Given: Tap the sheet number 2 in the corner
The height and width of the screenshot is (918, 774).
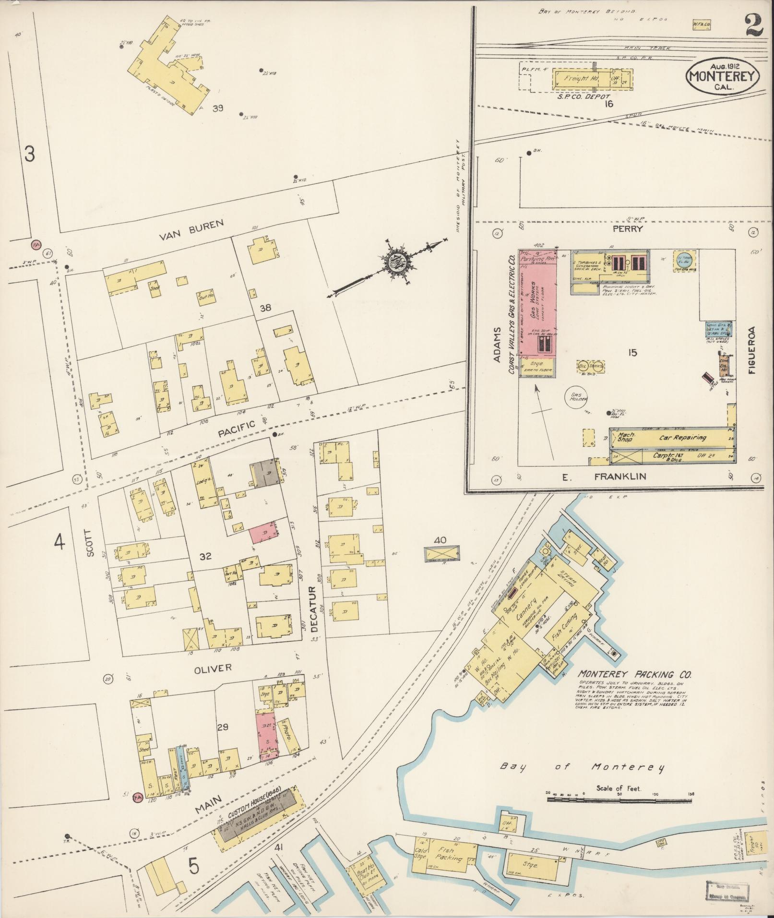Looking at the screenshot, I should coord(754,25).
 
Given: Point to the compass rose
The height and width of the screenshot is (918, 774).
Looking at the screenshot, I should coord(398,263).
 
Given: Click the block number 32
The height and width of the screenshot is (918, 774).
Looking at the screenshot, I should coord(205,557).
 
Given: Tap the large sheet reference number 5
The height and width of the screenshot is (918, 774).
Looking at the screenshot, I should coord(193,867).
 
